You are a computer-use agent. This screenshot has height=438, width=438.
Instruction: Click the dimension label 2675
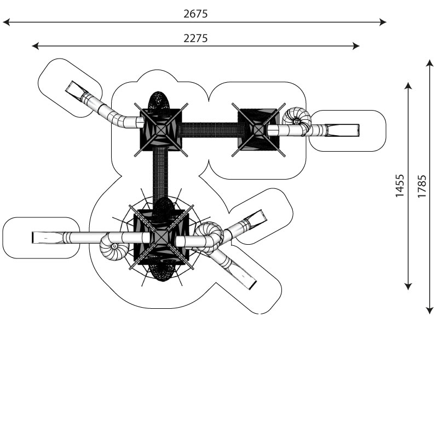pos(195,14)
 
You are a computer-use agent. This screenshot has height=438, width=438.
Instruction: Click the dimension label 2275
pos(195,38)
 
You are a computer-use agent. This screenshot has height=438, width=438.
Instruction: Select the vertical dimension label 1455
pos(400,186)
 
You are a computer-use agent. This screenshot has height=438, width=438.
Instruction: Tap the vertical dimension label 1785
pos(422,186)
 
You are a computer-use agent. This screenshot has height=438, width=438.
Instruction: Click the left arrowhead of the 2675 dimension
pos(6,22)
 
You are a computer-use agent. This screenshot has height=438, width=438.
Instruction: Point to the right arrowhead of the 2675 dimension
pos(383,22)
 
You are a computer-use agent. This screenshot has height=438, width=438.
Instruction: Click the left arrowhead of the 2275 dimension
pos(35,46)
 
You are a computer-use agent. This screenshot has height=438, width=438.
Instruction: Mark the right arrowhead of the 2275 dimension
pos(356,46)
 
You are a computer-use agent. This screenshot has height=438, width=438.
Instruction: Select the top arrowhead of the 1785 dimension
pos(430,63)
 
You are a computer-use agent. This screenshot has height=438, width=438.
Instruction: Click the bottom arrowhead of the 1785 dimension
pos(430,310)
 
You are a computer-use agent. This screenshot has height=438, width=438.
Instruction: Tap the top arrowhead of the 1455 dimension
pos(408,86)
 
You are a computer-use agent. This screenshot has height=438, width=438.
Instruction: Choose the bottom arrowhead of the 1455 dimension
pos(408,286)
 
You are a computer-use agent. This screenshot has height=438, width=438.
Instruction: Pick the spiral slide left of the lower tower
pos(114,246)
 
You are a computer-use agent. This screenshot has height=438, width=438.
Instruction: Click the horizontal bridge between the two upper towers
pos(210,130)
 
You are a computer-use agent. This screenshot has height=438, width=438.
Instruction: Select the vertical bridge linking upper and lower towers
pos(160,175)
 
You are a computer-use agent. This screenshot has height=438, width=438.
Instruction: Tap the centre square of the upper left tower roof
pos(160,130)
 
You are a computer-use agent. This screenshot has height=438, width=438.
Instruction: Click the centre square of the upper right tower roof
pos(258,130)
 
